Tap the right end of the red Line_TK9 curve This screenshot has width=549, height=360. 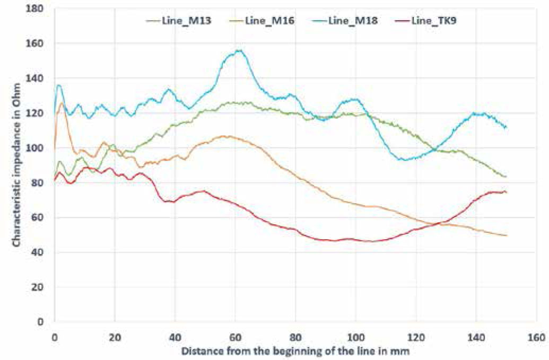tap(506, 192)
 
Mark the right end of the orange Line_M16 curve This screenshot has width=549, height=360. tap(506, 235)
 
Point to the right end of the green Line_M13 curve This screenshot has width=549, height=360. tap(506, 177)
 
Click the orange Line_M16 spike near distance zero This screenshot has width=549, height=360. tap(62, 103)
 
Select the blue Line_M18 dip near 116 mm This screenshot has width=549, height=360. tap(405, 160)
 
